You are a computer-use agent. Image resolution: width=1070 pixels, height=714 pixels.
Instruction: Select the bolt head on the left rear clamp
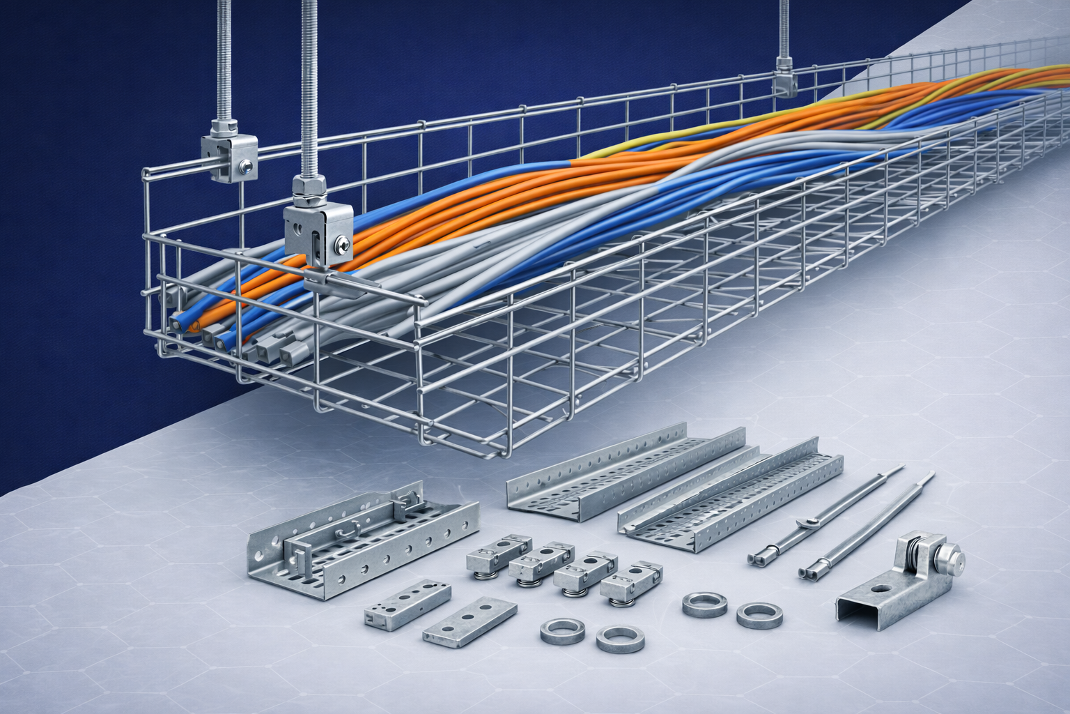point(245,165)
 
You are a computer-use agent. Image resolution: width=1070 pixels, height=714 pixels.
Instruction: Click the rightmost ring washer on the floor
point(759,615)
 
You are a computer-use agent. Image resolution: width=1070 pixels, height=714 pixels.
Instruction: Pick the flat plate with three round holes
point(470,618)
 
